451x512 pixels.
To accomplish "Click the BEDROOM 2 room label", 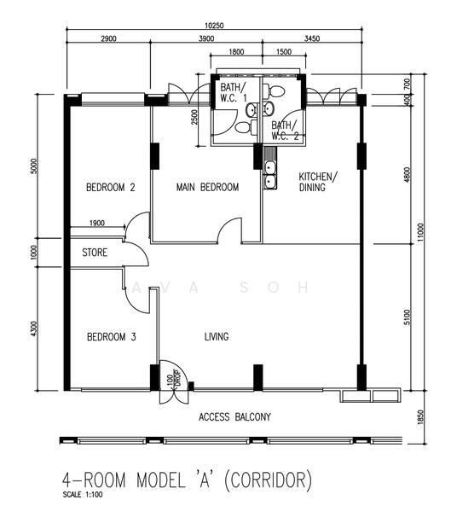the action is (111, 188).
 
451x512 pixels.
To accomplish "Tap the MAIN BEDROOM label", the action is (207, 187).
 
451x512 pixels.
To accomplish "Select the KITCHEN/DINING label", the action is (318, 182).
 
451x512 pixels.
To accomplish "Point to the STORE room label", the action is (95, 253).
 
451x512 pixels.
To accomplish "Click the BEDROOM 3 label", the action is (112, 337).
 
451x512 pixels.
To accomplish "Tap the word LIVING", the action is (217, 337).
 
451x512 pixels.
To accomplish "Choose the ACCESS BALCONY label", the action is (235, 417).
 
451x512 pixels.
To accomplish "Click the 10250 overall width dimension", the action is (214, 26).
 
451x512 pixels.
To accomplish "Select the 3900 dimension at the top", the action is (206, 39).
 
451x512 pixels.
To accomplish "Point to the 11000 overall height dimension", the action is (420, 232).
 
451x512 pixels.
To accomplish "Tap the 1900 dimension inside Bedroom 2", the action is (97, 223).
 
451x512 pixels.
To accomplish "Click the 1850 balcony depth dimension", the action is (420, 417).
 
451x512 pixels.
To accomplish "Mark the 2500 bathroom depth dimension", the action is (194, 117).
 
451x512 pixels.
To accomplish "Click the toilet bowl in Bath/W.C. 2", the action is (275, 91).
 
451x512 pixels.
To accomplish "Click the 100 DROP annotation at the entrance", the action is (174, 379).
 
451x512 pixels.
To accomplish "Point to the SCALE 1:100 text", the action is (83, 494).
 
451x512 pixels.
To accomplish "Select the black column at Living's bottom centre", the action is (258, 377).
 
